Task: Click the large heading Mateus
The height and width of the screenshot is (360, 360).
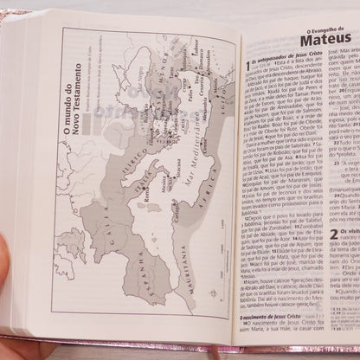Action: (x=310, y=42)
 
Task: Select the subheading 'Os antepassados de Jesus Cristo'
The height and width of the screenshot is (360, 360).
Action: (x=277, y=70)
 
